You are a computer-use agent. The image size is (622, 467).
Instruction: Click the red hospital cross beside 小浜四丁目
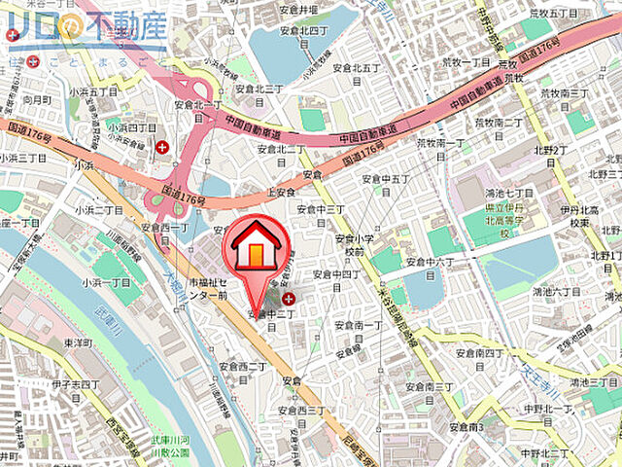pyautogui.click(x=161, y=147)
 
